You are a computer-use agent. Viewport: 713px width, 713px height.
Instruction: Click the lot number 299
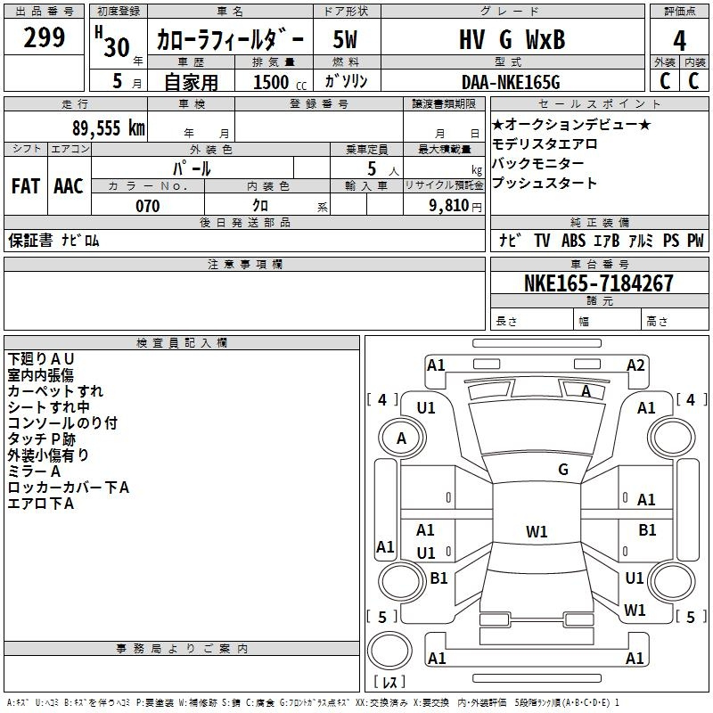point(44,37)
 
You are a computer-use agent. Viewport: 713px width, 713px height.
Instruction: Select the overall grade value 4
point(679,41)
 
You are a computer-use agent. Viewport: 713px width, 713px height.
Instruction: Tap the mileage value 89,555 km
point(109,128)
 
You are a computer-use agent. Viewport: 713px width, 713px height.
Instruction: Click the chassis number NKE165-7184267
point(599,283)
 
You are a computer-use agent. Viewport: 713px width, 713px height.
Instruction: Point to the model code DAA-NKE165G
point(511,82)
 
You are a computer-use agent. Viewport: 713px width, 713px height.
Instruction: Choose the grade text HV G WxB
point(512,39)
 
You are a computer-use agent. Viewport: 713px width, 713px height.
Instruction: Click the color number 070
point(148,206)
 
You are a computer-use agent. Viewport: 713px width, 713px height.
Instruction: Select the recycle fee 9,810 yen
point(455,206)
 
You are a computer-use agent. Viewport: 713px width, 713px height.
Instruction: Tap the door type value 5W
point(345,39)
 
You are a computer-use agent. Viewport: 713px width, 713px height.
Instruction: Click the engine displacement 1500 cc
point(280,82)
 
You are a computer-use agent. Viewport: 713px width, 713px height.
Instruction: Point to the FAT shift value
point(26,186)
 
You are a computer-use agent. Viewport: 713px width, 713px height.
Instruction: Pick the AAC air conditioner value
point(69,186)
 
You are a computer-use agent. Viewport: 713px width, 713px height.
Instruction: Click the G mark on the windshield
point(563,469)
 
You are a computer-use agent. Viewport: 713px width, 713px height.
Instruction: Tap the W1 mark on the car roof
point(537,531)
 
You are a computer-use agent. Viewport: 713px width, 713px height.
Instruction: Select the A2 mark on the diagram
point(635,365)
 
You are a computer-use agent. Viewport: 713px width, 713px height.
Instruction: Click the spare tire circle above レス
point(389,651)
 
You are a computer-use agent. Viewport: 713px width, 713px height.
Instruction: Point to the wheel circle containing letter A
point(402,438)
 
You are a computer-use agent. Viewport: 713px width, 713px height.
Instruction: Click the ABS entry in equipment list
point(573,240)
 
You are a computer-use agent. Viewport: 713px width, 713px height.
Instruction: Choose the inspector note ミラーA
point(34,471)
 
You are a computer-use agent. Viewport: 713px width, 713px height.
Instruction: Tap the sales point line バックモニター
point(538,163)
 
